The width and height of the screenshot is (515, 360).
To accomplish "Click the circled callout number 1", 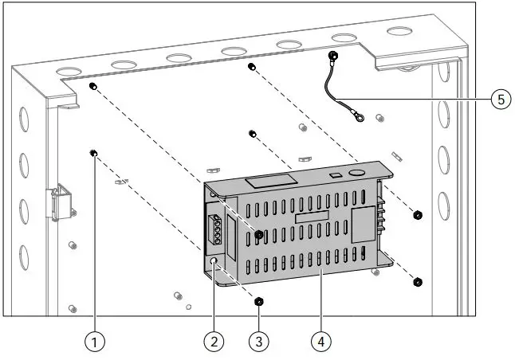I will (95, 342).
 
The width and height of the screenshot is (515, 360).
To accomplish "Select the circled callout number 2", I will (213, 342).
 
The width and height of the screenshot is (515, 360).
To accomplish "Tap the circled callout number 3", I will (258, 342).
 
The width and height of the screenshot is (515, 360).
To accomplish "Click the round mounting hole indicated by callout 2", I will (214, 261).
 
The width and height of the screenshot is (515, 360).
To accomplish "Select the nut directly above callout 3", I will (258, 301).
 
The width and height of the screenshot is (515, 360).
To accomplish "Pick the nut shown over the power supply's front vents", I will (259, 234).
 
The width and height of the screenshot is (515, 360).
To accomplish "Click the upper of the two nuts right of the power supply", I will (418, 215).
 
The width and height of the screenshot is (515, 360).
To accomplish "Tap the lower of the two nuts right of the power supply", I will (418, 281).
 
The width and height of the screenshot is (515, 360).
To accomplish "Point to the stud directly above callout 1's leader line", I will (94, 153).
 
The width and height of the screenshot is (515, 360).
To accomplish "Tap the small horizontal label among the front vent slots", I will (311, 217).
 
